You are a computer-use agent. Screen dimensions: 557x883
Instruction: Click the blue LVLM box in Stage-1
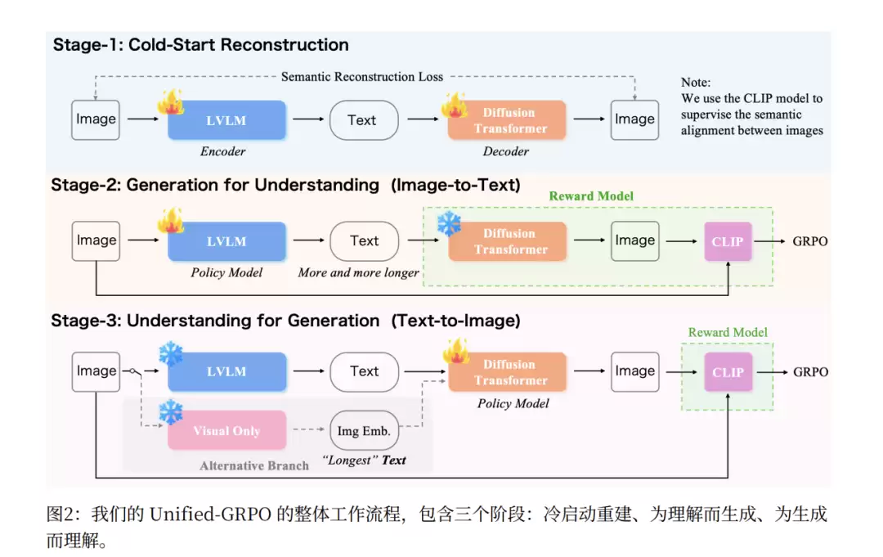coord(226,120)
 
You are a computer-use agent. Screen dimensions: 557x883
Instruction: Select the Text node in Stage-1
coord(363,120)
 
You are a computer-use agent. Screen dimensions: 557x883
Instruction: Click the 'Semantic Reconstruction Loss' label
coord(362,77)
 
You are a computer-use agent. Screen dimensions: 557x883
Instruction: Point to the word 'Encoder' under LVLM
coord(223,151)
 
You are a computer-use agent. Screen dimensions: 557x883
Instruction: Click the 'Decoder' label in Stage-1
coord(506,151)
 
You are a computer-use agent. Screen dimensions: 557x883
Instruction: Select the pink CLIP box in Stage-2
coord(727,242)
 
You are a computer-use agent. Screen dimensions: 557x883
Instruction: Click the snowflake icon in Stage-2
coord(449,224)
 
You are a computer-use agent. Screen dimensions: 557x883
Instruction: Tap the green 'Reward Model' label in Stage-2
coord(591,196)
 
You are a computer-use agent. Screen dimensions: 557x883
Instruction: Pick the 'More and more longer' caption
coord(358,272)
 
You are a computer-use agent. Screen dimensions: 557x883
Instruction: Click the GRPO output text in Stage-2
coord(810,242)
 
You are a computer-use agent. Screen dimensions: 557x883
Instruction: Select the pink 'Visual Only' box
coord(226,431)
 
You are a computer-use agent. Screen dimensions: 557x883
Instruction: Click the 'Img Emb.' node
coord(364,431)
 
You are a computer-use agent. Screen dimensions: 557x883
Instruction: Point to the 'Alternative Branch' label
coord(254,465)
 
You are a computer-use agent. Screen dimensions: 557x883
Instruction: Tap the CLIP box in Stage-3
coord(727,372)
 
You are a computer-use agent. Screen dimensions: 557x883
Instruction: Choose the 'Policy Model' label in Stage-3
coord(513,403)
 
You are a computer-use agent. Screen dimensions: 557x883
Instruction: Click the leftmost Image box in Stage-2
coord(96,241)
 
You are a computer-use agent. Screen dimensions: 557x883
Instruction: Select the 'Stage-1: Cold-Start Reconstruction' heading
coord(201,45)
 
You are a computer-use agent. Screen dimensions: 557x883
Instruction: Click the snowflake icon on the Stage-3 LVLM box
coord(171,353)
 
